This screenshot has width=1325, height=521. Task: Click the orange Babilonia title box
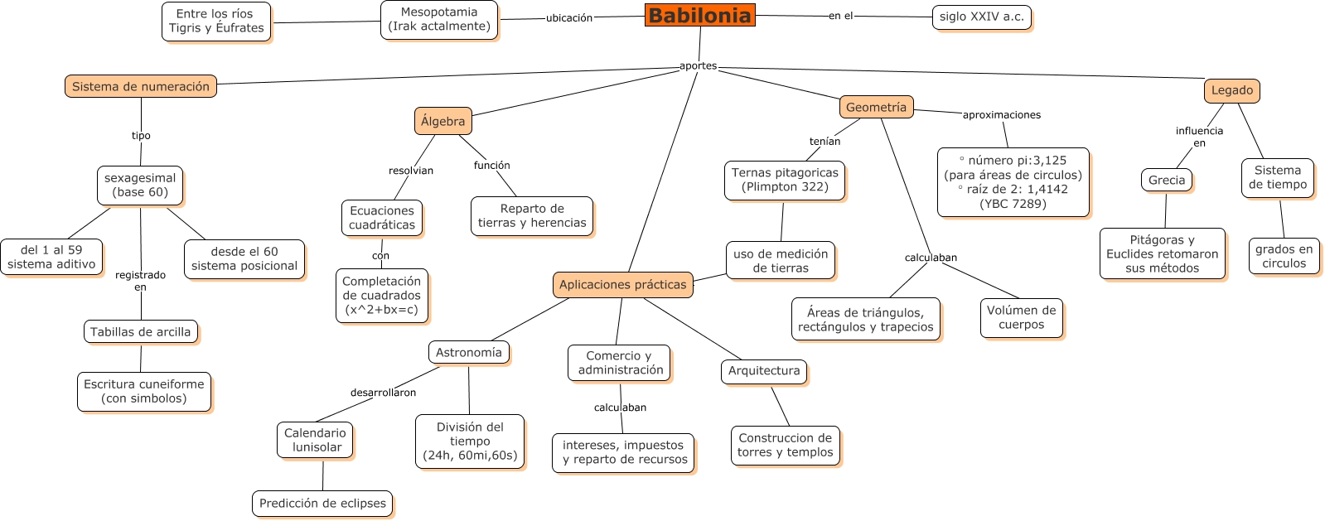click(699, 16)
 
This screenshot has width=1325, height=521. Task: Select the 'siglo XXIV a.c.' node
click(981, 17)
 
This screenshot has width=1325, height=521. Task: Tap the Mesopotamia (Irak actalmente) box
click(439, 20)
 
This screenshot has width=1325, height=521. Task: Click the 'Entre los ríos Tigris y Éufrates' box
click(216, 22)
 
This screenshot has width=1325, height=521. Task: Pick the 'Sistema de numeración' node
click(141, 86)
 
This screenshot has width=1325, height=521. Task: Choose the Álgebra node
click(443, 121)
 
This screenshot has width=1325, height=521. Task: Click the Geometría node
click(876, 107)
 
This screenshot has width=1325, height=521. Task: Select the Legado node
click(1232, 90)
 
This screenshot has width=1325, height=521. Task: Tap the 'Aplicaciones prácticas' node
click(623, 284)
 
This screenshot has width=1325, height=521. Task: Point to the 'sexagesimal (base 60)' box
click(140, 186)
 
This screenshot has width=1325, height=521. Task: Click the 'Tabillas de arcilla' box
click(141, 332)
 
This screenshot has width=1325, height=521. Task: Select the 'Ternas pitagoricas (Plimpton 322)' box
click(785, 181)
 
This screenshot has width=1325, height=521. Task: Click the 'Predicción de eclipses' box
click(322, 504)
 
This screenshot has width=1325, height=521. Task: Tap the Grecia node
click(1167, 181)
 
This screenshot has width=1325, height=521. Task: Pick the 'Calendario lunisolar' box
click(315, 441)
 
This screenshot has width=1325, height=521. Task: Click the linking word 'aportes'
click(698, 65)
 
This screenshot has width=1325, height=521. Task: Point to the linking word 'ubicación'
click(569, 18)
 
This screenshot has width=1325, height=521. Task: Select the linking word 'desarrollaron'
click(384, 393)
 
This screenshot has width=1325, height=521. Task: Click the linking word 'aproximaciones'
click(1002, 115)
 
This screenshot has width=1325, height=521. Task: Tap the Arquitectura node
click(764, 371)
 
